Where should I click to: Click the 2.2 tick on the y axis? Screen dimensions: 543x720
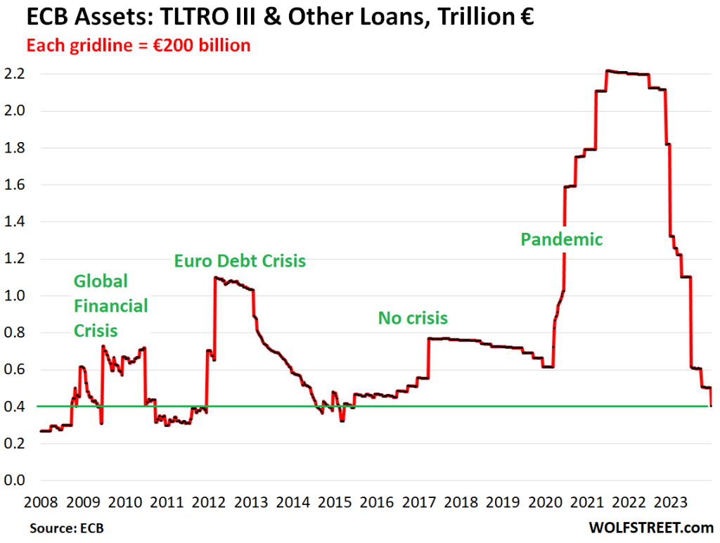tap(15, 73)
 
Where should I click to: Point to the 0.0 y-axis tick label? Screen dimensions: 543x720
tap(15, 480)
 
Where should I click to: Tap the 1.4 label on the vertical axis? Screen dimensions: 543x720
tap(15, 222)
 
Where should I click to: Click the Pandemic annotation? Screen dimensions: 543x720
tap(561, 239)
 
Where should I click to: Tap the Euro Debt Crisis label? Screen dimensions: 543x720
tap(240, 261)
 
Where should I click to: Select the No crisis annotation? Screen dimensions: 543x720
tap(413, 318)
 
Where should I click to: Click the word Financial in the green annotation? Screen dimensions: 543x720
tap(110, 306)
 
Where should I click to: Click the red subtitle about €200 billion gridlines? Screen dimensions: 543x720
tap(139, 46)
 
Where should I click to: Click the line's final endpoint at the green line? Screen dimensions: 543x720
tap(712, 405)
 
